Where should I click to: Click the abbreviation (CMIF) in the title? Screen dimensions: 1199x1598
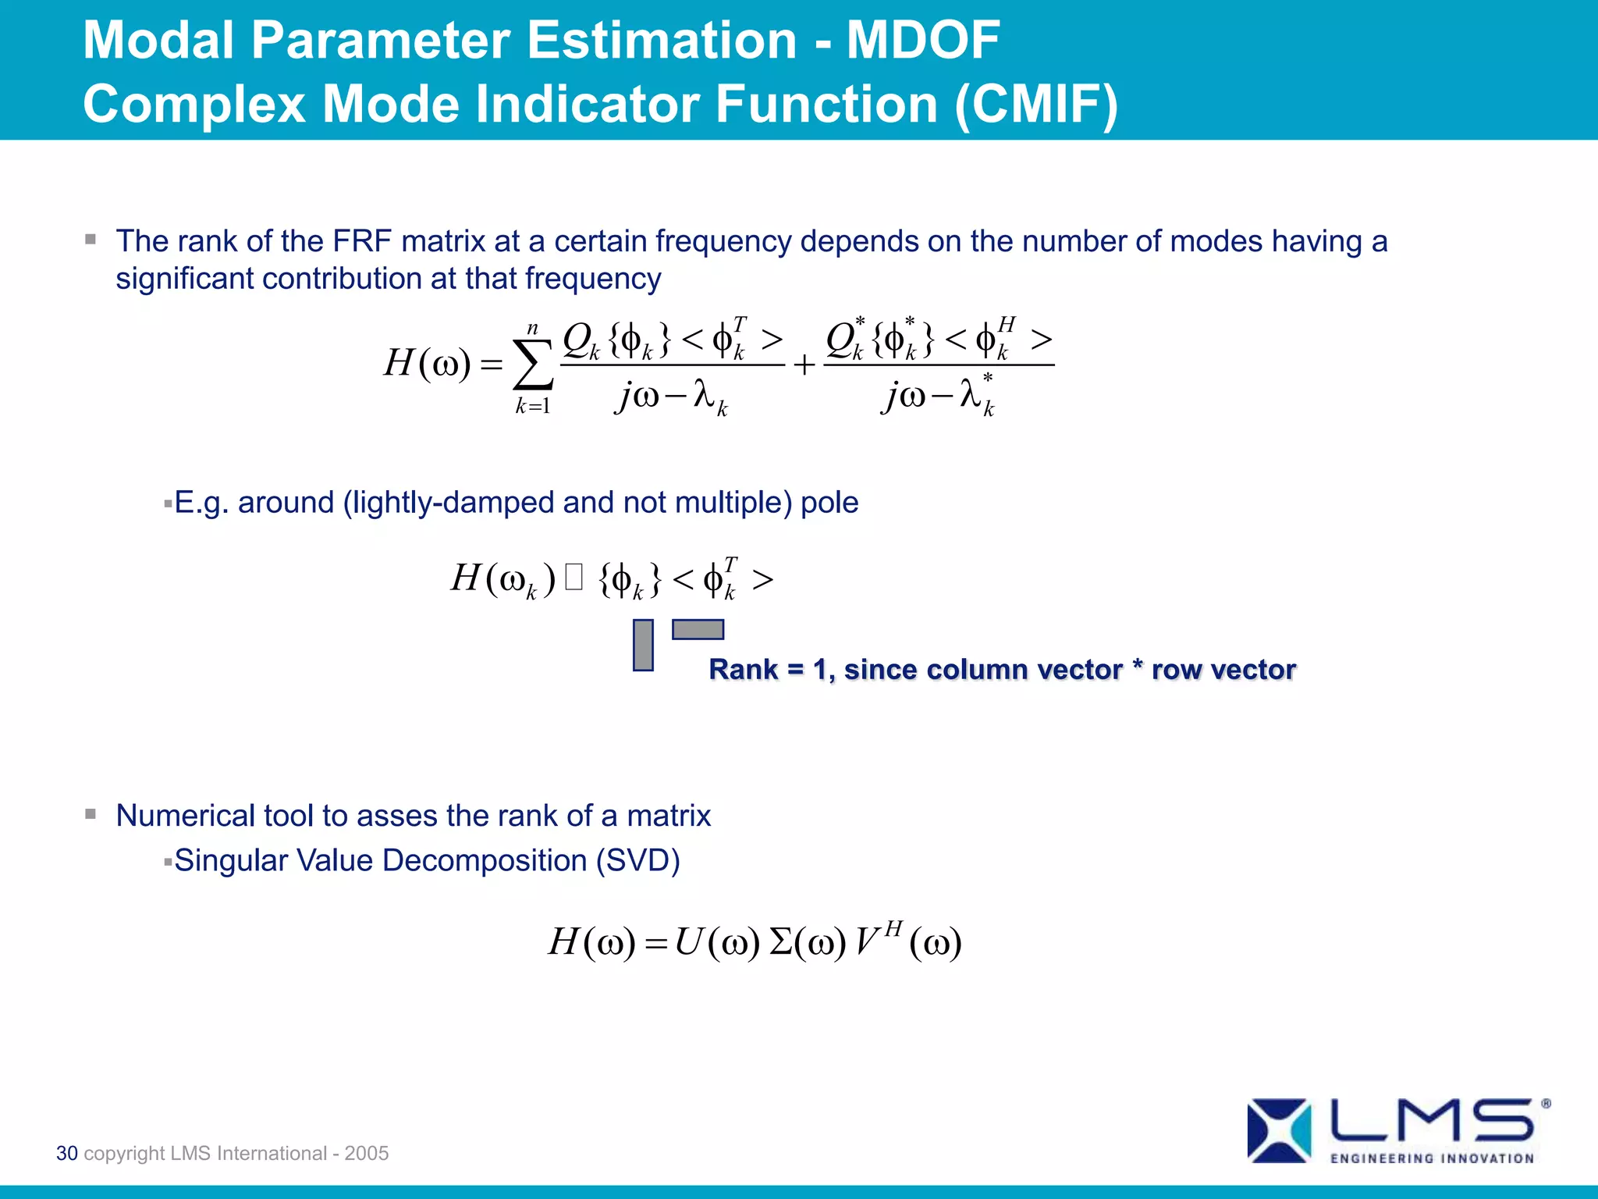point(1036,104)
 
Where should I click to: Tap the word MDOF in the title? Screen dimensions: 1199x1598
point(922,40)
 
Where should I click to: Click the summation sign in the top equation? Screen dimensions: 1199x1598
point(533,365)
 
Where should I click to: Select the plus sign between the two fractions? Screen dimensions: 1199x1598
point(804,365)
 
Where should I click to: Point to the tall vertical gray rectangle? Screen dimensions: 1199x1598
point(643,645)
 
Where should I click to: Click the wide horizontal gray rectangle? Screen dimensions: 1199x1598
point(698,629)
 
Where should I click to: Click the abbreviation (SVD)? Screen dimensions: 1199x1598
point(637,860)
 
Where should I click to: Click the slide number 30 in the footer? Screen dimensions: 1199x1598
point(67,1153)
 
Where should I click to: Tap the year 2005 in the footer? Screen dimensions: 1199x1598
point(366,1153)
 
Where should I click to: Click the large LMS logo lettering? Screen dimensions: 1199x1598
point(1432,1120)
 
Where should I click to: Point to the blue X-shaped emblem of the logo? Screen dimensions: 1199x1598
point(1279,1130)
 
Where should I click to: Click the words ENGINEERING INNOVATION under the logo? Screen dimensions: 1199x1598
point(1432,1158)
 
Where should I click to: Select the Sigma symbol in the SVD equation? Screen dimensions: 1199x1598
point(780,942)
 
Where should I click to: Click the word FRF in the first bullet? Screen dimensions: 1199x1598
point(361,241)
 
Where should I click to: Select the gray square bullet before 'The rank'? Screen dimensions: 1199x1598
point(91,240)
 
